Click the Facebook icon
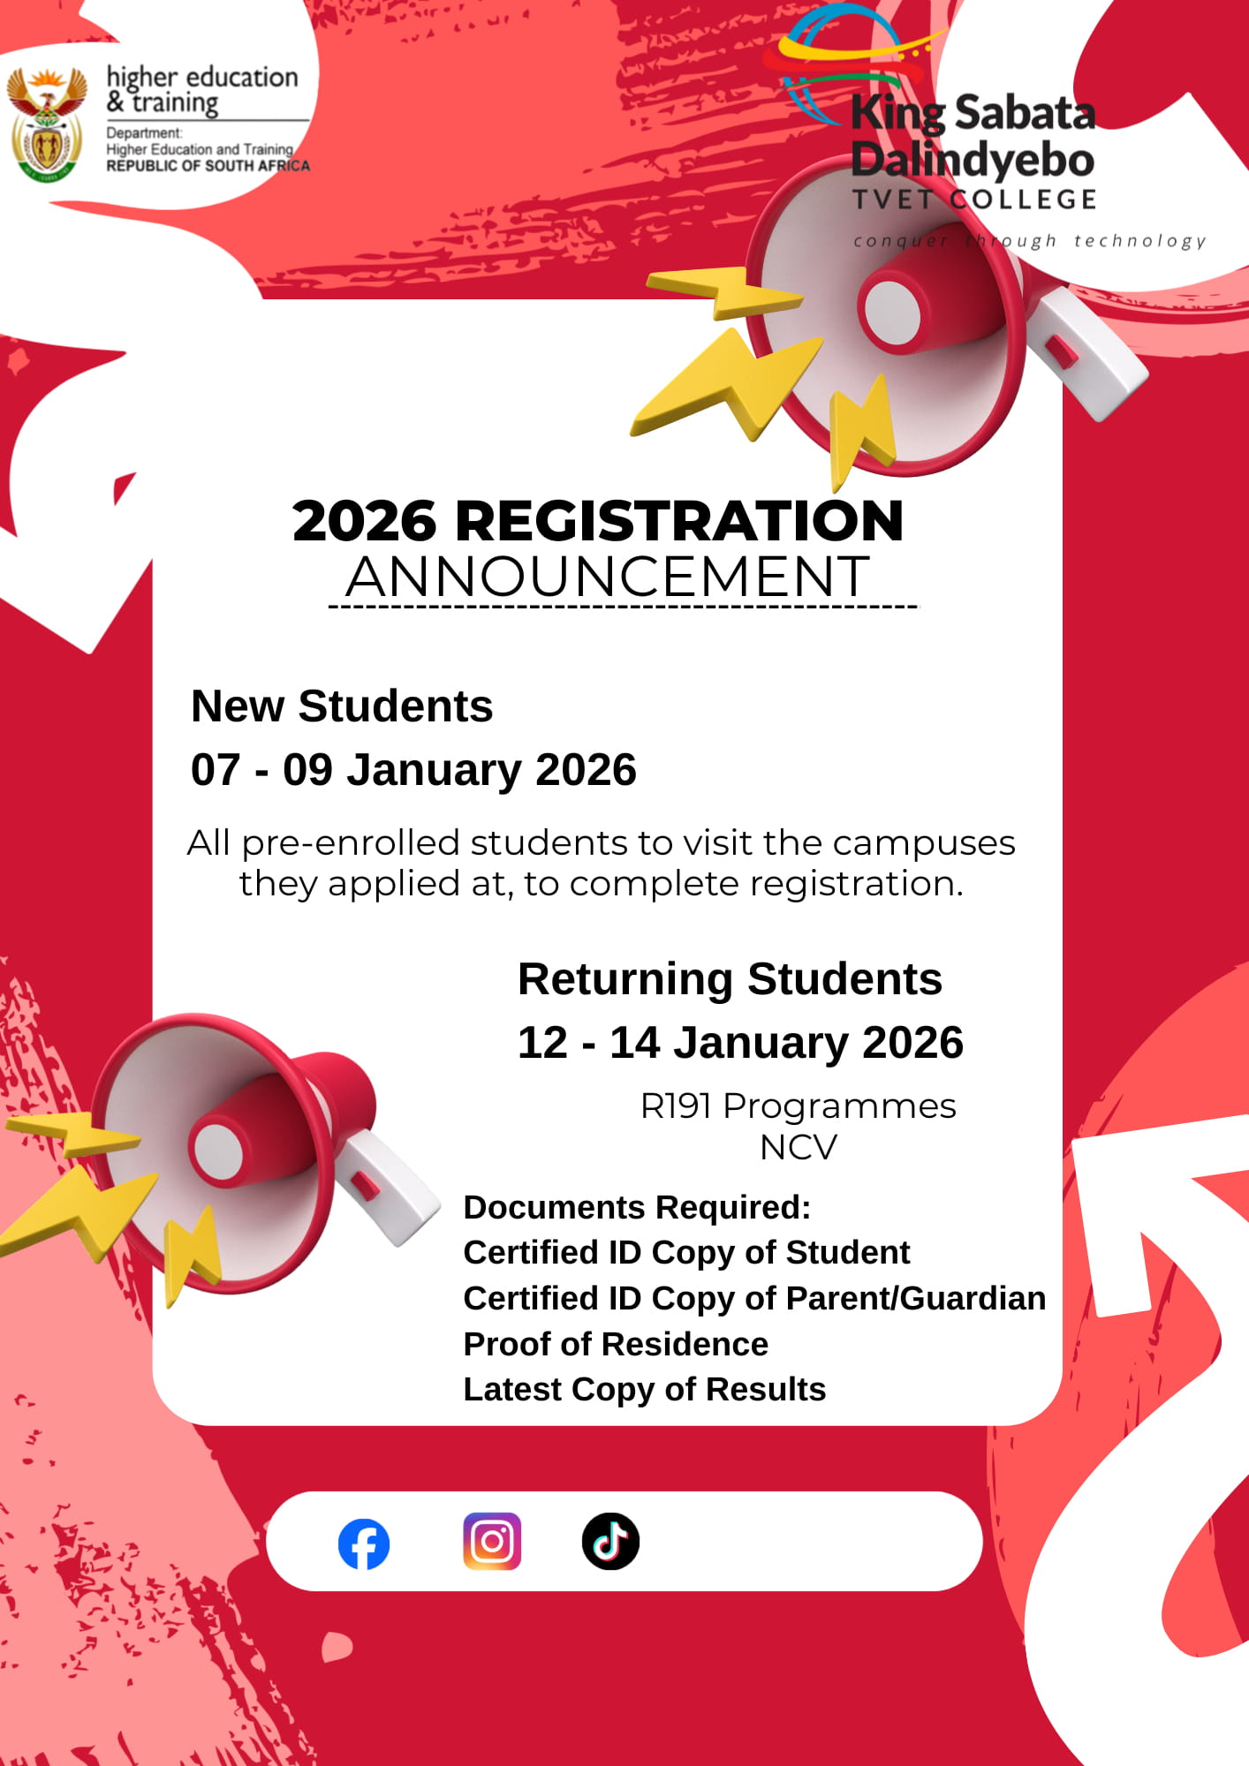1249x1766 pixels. click(364, 1544)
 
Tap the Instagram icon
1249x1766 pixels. click(492, 1542)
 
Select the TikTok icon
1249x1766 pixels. click(610, 1542)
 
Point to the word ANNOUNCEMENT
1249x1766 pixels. click(608, 577)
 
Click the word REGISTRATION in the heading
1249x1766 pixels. click(678, 521)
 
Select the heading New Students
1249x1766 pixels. click(342, 706)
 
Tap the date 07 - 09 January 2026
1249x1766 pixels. click(413, 770)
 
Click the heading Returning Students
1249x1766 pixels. click(730, 979)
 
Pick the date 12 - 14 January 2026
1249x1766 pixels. click(740, 1043)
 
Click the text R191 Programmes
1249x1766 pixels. click(798, 1106)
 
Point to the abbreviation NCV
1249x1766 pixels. click(798, 1148)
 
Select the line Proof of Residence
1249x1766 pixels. click(616, 1344)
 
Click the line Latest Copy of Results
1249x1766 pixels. click(644, 1390)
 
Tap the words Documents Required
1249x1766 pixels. click(637, 1207)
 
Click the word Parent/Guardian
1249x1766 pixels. click(916, 1299)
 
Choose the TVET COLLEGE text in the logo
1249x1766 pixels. click(973, 200)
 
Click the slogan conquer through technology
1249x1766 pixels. click(1029, 241)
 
